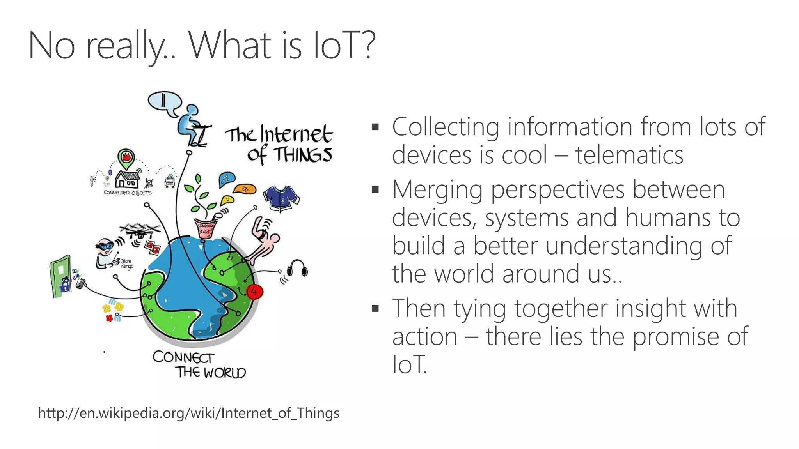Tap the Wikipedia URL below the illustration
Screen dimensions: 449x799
click(189, 413)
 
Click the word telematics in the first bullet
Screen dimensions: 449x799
click(629, 155)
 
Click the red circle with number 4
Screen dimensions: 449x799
click(254, 292)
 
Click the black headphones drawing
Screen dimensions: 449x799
click(298, 269)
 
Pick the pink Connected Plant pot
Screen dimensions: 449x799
click(205, 229)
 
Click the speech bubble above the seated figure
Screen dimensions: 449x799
click(165, 103)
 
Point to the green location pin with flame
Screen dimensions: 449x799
click(126, 158)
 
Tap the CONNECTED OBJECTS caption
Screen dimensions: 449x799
click(128, 193)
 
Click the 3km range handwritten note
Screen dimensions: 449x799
click(126, 264)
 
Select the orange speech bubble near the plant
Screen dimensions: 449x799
click(245, 189)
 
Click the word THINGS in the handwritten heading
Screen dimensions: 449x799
click(302, 155)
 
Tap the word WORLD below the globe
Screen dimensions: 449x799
click(225, 373)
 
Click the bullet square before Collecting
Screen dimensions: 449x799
click(375, 127)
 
